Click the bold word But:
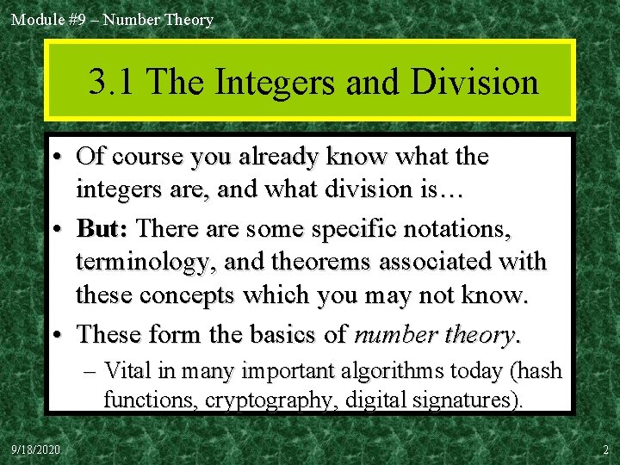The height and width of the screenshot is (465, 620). click(x=102, y=229)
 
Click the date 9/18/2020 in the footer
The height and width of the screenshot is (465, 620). click(x=35, y=449)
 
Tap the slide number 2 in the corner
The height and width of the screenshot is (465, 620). click(x=605, y=449)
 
